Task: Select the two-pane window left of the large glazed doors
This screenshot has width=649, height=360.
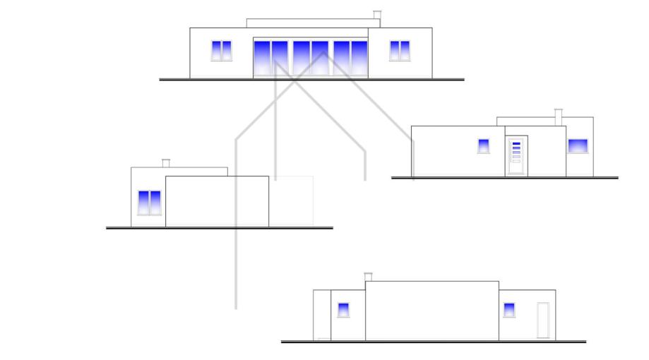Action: click(221, 51)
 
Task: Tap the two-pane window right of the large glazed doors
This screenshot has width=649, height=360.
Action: click(400, 51)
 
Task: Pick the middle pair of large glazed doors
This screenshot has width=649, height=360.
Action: click(311, 58)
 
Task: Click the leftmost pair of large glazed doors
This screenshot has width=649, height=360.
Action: click(270, 58)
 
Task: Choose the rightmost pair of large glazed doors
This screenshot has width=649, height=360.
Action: click(350, 58)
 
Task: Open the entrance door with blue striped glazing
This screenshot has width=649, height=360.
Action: click(516, 155)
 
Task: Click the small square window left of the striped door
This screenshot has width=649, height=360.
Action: click(484, 146)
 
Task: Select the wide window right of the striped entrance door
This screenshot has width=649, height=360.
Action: click(578, 146)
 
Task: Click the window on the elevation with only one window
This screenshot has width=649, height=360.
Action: click(149, 203)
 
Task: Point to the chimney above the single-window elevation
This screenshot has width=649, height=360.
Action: click(166, 163)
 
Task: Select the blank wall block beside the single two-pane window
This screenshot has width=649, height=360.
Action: click(217, 201)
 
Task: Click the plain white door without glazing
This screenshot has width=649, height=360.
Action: click(543, 320)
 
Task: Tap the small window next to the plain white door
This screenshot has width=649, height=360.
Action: click(508, 309)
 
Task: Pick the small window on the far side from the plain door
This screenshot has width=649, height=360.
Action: click(343, 309)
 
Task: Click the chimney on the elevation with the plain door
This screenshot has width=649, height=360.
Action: click(368, 277)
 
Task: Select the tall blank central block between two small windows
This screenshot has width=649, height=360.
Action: click(431, 311)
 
